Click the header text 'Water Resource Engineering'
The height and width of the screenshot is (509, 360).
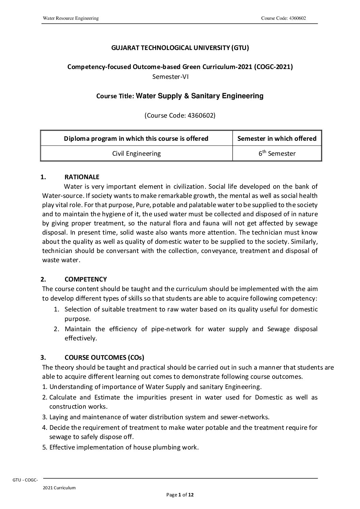pyautogui.click(x=70, y=18)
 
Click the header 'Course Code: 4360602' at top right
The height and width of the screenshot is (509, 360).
pyautogui.click(x=283, y=18)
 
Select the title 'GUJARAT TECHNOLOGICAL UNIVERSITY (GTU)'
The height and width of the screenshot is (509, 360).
pyautogui.click(x=180, y=48)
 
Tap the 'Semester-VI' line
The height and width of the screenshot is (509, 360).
pyautogui.click(x=170, y=77)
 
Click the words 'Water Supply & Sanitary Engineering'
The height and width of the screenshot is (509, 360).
pyautogui.click(x=200, y=96)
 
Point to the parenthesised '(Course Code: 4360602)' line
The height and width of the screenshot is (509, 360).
pyautogui.click(x=180, y=115)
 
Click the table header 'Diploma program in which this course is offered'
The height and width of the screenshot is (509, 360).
pyautogui.click(x=136, y=138)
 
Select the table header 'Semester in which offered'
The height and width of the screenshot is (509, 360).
pyautogui.click(x=277, y=138)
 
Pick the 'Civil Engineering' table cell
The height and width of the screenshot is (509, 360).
pyautogui.click(x=136, y=153)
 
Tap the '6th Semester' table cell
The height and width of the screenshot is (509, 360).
pyautogui.click(x=277, y=153)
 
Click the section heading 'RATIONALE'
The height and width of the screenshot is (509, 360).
pyautogui.click(x=82, y=177)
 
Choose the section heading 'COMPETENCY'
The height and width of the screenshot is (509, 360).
pyautogui.click(x=86, y=279)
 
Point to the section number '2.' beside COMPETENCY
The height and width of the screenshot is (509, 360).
pyautogui.click(x=43, y=279)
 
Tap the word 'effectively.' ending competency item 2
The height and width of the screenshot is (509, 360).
pyautogui.click(x=81, y=338)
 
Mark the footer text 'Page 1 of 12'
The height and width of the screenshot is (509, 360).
pyautogui.click(x=180, y=495)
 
